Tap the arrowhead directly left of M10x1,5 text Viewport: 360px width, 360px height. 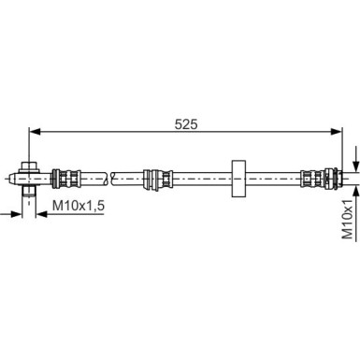pos(42,214)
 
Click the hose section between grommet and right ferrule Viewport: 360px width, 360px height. pos(271,174)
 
